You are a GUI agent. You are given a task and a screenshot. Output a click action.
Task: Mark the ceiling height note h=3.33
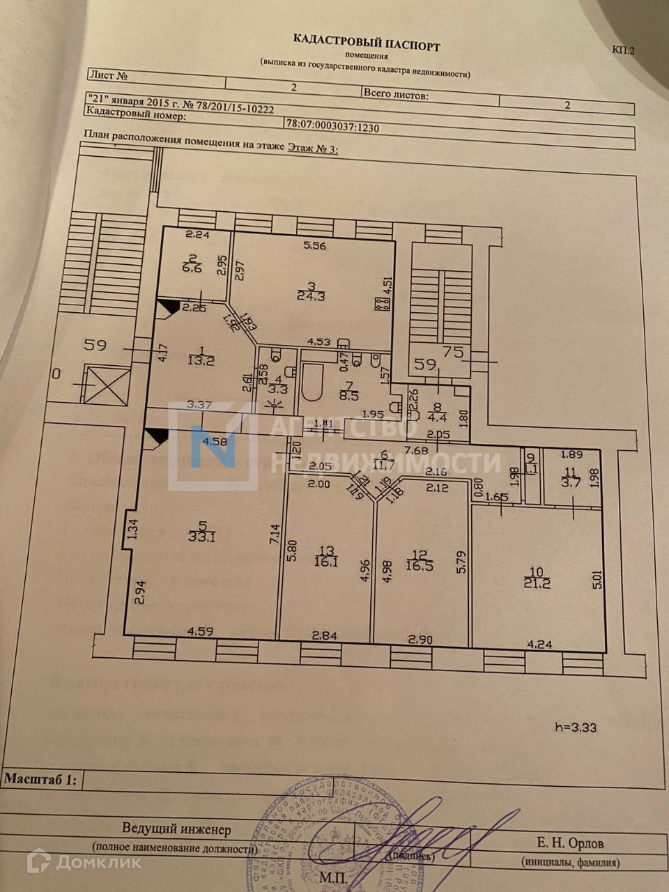pos(576,727)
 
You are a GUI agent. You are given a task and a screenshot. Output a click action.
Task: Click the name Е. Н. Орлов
pos(570,843)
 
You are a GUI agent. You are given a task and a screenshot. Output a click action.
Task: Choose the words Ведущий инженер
pos(176,829)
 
